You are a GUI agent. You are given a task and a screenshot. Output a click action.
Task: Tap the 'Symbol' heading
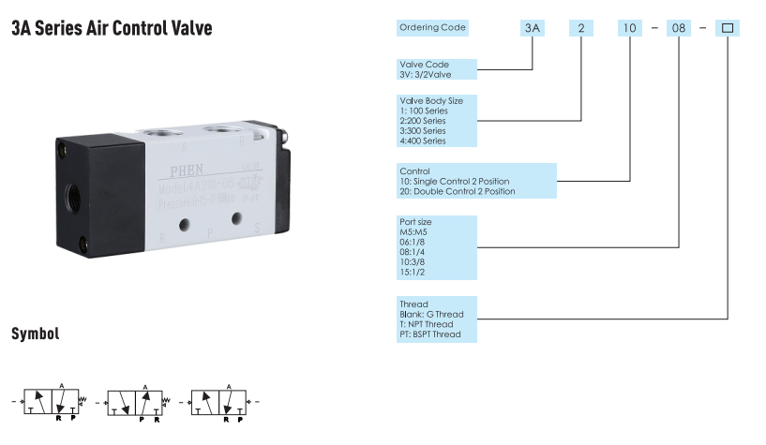[36, 334]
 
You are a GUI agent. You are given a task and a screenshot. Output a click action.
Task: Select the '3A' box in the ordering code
[533, 28]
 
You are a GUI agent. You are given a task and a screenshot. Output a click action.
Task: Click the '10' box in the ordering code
[628, 28]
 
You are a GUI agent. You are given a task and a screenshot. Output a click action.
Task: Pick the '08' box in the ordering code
[678, 28]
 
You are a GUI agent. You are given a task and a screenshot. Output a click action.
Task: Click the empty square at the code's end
[728, 28]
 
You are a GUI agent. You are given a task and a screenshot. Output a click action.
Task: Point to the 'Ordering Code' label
[433, 27]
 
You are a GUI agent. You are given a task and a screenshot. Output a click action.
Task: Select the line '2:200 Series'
[423, 121]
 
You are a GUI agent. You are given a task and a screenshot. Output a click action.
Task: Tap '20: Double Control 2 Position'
[458, 191]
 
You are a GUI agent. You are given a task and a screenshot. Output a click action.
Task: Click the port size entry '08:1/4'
[413, 252]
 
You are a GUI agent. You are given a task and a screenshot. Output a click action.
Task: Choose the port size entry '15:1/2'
[413, 273]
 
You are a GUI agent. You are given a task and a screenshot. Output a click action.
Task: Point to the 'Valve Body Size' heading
[431, 100]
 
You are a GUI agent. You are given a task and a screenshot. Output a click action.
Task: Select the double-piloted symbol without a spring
[219, 403]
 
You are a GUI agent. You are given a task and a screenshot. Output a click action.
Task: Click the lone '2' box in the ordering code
[581, 28]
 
